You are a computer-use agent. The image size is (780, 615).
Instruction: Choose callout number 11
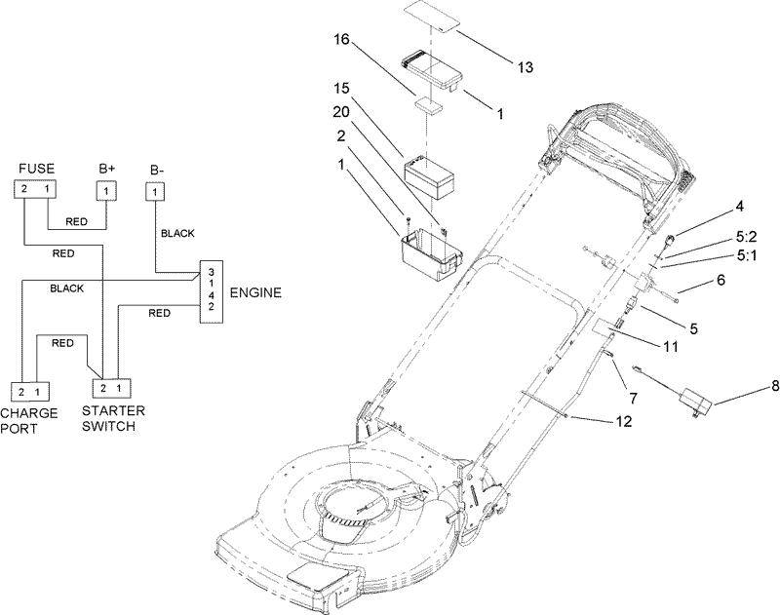tap(671, 346)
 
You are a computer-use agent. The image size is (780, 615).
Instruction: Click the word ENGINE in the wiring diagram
tap(256, 291)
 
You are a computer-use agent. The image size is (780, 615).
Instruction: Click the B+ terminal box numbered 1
tap(107, 190)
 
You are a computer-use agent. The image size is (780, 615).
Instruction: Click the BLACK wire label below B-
tap(177, 233)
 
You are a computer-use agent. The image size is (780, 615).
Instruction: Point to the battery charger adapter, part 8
tap(698, 401)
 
